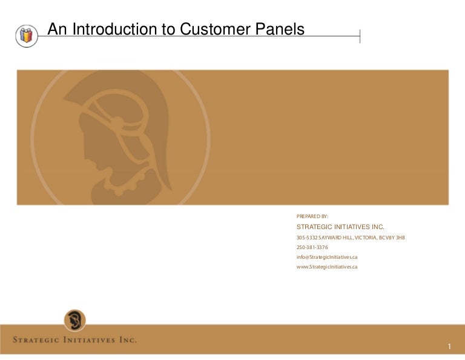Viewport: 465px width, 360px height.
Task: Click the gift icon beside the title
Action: tap(25, 36)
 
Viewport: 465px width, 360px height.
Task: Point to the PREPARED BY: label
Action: tap(312, 216)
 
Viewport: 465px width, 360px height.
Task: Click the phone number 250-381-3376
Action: tap(312, 247)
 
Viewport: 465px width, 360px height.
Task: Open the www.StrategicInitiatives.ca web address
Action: tap(326, 267)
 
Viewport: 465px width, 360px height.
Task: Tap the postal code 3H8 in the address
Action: tap(400, 237)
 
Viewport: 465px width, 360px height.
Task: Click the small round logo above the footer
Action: tap(74, 320)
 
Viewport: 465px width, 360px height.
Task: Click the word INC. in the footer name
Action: tap(127, 339)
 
